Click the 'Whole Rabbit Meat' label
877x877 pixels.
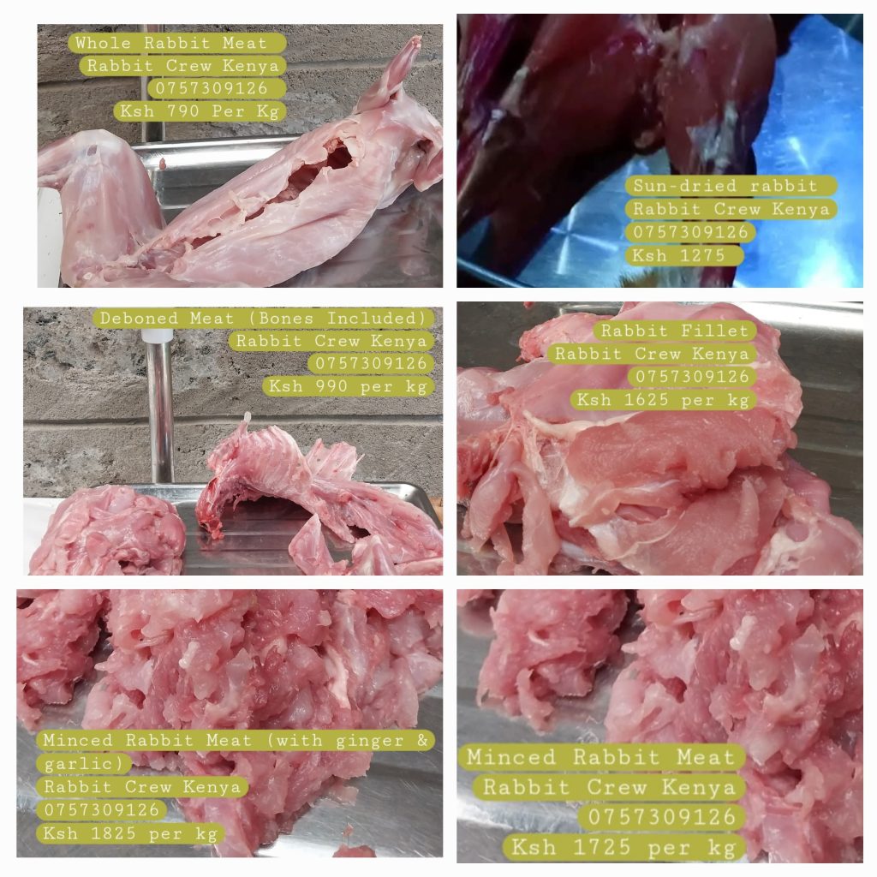click(x=171, y=43)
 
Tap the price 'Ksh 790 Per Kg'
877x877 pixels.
click(x=200, y=110)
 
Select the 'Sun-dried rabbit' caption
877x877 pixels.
click(x=725, y=186)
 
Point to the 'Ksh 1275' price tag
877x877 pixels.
click(x=678, y=255)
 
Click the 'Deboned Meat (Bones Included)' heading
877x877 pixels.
click(x=263, y=319)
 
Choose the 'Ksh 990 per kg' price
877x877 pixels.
click(x=348, y=386)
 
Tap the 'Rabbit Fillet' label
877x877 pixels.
click(x=675, y=331)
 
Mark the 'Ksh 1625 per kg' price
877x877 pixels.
click(x=663, y=400)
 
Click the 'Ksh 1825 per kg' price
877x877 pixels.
click(x=130, y=833)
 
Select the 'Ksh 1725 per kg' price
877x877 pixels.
click(x=623, y=847)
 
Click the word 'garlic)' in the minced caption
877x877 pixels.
click(x=83, y=763)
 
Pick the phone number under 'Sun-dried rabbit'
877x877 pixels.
click(x=690, y=232)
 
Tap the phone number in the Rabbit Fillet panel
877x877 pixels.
click(x=692, y=377)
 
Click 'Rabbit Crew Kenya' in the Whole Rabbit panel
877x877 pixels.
click(x=182, y=65)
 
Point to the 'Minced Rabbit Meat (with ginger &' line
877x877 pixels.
click(x=236, y=740)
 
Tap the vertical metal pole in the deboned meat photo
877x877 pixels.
click(x=159, y=409)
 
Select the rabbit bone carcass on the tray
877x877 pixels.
click(x=313, y=492)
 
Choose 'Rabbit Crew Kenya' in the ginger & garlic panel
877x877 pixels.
click(x=142, y=786)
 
